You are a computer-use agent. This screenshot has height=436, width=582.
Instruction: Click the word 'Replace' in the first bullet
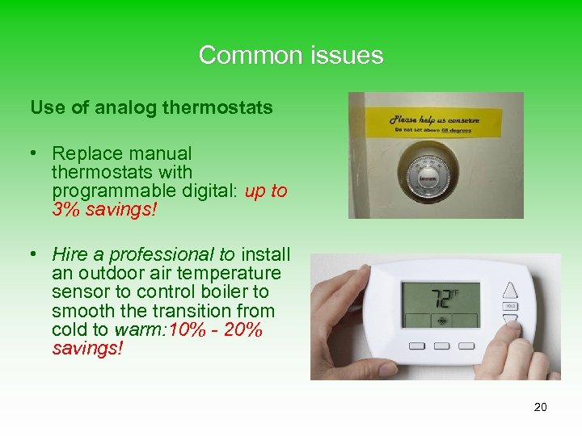pos(81,153)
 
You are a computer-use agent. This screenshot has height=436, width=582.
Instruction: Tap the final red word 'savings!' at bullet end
pos(87,349)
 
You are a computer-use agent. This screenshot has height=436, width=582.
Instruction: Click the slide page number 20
pos(540,407)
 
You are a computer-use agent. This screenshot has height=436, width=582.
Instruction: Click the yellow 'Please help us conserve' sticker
pos(436,123)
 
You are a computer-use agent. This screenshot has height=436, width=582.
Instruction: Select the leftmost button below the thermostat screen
pos(416,346)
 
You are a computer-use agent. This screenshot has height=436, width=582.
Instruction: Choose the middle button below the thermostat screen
pos(443,346)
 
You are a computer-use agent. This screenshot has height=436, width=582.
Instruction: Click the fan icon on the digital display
pos(441,319)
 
